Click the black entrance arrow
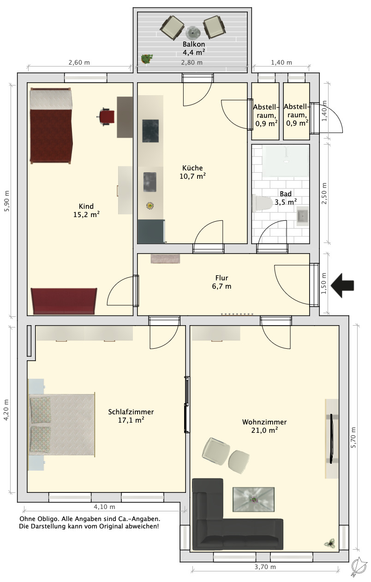tap(342, 285)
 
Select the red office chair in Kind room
tap(107, 117)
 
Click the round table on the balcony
tap(193, 32)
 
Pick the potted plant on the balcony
tap(147, 59)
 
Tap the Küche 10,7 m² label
tap(192, 172)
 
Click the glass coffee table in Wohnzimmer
tap(253, 499)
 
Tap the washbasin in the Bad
tap(302, 216)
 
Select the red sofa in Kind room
tap(64, 301)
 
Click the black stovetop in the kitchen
tap(150, 131)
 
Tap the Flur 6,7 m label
tap(221, 282)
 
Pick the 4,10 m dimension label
tap(104, 507)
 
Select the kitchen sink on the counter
tap(150, 182)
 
